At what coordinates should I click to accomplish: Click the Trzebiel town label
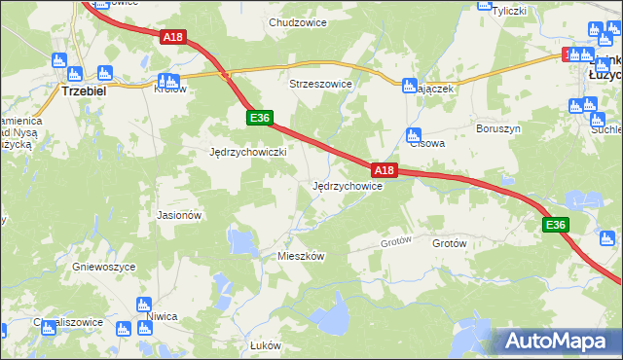(84, 90)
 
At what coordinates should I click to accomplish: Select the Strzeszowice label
(320, 84)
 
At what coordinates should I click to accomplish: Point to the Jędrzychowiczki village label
(248, 152)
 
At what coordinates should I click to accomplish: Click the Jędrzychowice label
(347, 186)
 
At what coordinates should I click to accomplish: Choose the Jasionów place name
(179, 215)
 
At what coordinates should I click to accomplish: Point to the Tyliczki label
(509, 12)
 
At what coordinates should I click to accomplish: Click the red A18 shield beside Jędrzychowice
(385, 170)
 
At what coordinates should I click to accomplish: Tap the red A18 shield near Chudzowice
(172, 37)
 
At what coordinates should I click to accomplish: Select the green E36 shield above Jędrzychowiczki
(258, 118)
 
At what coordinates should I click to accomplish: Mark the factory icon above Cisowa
(413, 134)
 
